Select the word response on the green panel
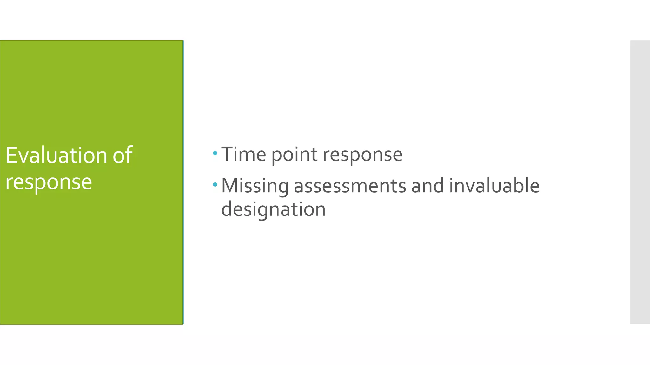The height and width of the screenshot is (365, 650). (x=49, y=182)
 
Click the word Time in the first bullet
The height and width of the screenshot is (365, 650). (x=243, y=154)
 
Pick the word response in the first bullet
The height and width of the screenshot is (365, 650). (x=362, y=155)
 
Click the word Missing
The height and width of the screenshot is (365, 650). (x=255, y=186)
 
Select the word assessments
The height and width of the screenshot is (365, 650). (x=350, y=186)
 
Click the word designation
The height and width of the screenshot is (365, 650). (x=273, y=209)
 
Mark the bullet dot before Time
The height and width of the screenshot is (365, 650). (x=215, y=153)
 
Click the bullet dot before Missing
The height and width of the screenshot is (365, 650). (x=215, y=184)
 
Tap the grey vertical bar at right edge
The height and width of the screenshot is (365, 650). (x=640, y=182)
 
